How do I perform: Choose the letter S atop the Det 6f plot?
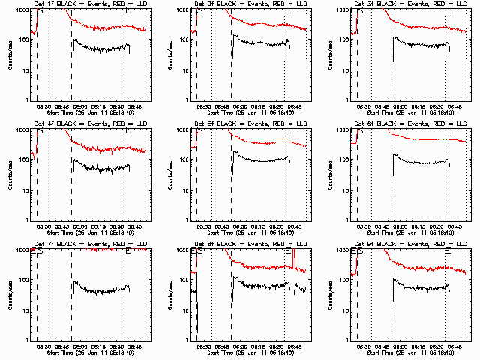click(x=361, y=131)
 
